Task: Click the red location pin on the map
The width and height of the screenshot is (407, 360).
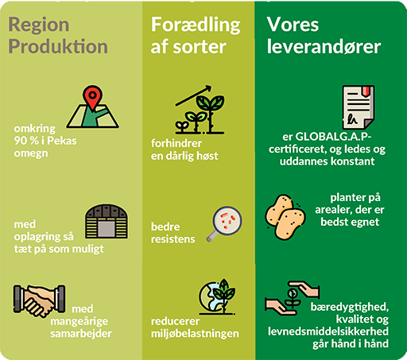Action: click(x=92, y=97)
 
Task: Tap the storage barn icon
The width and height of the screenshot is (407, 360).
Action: click(x=107, y=222)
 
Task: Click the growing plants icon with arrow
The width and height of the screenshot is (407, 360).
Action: click(x=200, y=110)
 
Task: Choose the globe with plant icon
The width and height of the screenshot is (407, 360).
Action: click(x=217, y=296)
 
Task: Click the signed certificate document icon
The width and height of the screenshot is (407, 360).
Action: click(x=359, y=107)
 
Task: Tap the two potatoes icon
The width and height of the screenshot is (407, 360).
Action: click(x=285, y=217)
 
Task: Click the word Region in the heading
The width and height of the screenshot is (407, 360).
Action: click(x=39, y=25)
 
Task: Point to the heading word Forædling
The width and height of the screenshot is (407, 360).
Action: click(x=196, y=25)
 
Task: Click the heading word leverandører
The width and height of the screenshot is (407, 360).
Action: click(x=324, y=47)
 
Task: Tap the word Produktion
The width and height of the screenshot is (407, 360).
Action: click(x=58, y=46)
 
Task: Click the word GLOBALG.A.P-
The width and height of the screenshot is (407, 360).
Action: click(x=333, y=137)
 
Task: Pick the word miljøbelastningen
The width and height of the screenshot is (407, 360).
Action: click(x=195, y=334)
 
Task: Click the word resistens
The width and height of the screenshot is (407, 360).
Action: click(x=173, y=239)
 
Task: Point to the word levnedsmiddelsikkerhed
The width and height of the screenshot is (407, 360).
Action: click(x=328, y=331)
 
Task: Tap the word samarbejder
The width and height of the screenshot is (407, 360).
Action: click(x=81, y=334)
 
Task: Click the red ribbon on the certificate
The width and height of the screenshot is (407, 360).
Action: click(x=366, y=91)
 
